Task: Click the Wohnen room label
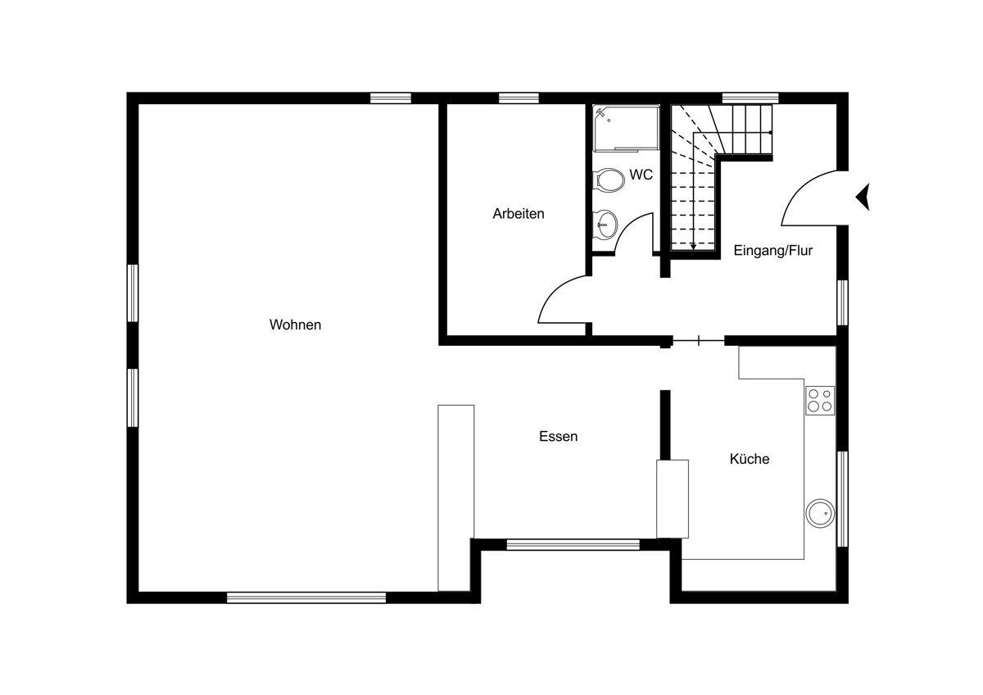(x=295, y=325)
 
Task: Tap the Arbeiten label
(x=519, y=214)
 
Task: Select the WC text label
(x=641, y=175)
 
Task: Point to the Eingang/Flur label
(x=772, y=251)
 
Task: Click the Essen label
(x=558, y=436)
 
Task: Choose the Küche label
(x=750, y=459)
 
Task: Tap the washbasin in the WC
(x=605, y=225)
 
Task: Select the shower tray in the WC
(x=626, y=128)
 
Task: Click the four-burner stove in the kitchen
(x=820, y=401)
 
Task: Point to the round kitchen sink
(x=820, y=513)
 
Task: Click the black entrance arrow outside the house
(x=863, y=198)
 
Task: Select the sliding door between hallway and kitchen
(x=698, y=340)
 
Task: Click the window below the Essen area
(x=573, y=545)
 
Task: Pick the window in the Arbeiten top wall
(x=519, y=98)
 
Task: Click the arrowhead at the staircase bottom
(x=693, y=247)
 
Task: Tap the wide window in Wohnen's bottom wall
(x=306, y=597)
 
